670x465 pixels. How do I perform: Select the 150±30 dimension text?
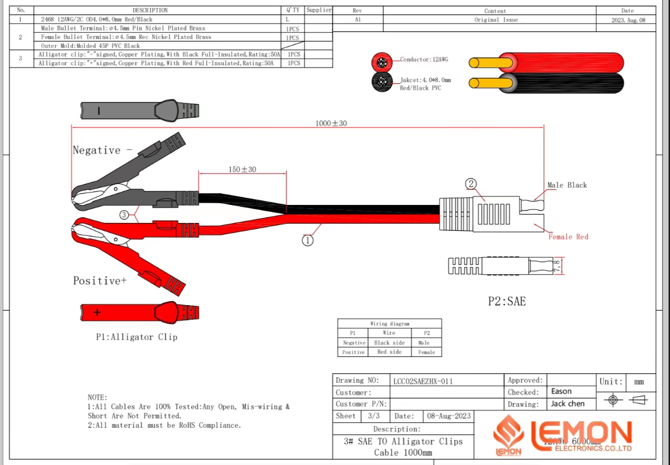(x=242, y=169)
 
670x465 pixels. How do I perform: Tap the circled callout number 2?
(x=471, y=184)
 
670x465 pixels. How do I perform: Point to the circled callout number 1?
(x=307, y=240)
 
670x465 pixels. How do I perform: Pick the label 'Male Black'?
(x=567, y=185)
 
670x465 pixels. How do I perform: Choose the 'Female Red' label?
(x=568, y=237)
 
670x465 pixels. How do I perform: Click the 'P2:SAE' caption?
(x=506, y=302)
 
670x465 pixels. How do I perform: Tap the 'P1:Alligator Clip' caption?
(x=136, y=337)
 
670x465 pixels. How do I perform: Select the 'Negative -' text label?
(x=102, y=150)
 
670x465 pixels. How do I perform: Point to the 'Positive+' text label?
(x=100, y=280)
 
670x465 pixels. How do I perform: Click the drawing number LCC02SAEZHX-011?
(x=423, y=381)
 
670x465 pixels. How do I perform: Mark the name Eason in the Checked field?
(x=561, y=391)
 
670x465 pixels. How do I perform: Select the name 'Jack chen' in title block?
(x=568, y=404)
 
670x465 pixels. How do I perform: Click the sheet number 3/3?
(x=373, y=416)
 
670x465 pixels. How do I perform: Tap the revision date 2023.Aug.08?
(x=627, y=20)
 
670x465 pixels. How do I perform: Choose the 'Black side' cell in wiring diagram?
(x=389, y=342)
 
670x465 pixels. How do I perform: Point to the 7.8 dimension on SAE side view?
(x=557, y=266)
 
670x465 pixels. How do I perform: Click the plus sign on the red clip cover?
(x=97, y=311)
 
